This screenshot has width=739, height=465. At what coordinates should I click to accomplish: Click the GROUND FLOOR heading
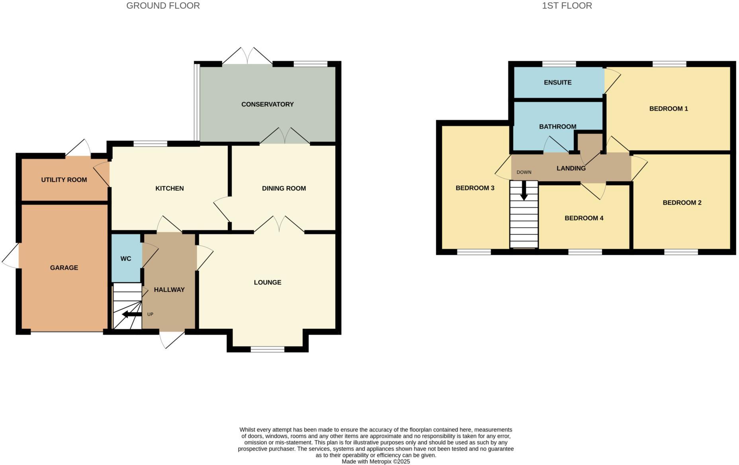tap(163, 6)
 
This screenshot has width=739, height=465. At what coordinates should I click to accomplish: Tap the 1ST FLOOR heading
tap(567, 6)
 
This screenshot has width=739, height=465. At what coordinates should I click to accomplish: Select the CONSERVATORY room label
tap(267, 104)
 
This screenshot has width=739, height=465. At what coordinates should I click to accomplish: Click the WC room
tap(126, 259)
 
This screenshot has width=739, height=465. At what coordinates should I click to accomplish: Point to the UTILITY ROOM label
tap(64, 180)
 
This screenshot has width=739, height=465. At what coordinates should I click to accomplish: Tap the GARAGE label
tap(64, 268)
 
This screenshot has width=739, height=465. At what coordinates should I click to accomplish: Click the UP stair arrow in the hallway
tap(132, 315)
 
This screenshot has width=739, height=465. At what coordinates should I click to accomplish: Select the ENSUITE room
tap(557, 82)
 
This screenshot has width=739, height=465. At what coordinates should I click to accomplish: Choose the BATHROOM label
tap(557, 127)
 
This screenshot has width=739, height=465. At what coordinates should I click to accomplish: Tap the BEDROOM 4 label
tap(584, 218)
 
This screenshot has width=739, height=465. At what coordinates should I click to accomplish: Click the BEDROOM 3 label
tap(475, 188)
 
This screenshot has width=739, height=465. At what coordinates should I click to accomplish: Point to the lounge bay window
tap(268, 349)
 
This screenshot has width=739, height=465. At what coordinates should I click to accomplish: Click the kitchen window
tap(150, 143)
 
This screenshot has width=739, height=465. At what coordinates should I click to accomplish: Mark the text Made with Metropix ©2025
tap(375, 461)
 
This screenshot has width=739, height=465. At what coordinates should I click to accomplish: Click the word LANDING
tap(571, 168)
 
